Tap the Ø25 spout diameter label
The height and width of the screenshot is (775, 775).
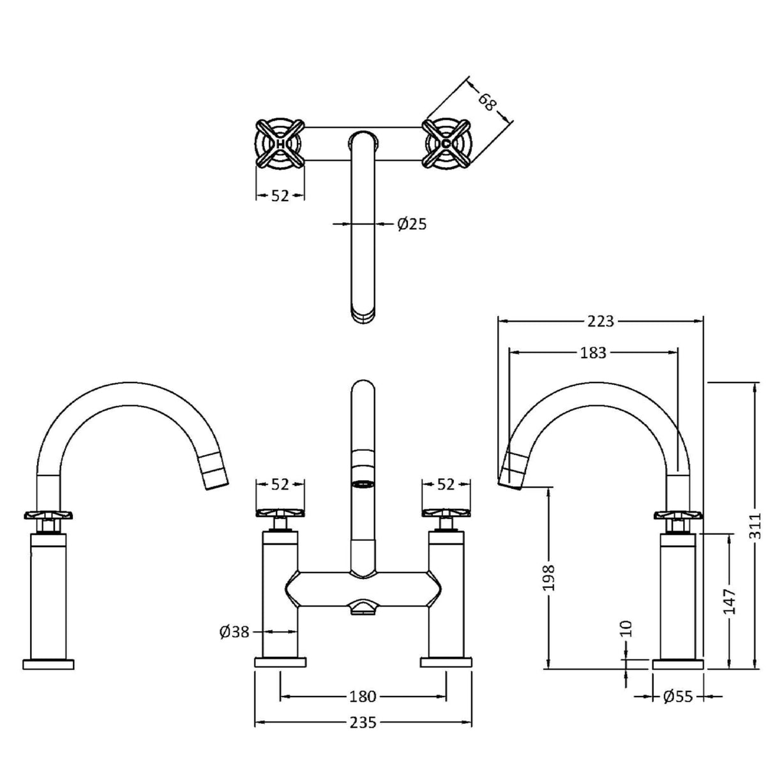[x=411, y=224]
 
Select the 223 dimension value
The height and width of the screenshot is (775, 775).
[x=601, y=321]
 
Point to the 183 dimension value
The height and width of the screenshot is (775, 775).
[x=593, y=352]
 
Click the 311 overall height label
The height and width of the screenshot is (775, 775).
[x=756, y=525]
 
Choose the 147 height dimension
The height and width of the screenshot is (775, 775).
[x=730, y=601]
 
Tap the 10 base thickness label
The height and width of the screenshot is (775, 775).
[x=626, y=628]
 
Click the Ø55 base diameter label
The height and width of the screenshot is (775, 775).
[x=677, y=696]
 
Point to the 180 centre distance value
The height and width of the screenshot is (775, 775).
[x=363, y=696]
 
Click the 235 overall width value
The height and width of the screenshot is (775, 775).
[x=363, y=723]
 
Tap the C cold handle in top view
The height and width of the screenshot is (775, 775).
[x=446, y=145]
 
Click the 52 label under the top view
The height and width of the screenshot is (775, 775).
[x=280, y=196]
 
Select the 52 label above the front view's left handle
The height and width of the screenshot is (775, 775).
[x=280, y=485]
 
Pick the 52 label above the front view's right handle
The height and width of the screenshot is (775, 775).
[x=446, y=485]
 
